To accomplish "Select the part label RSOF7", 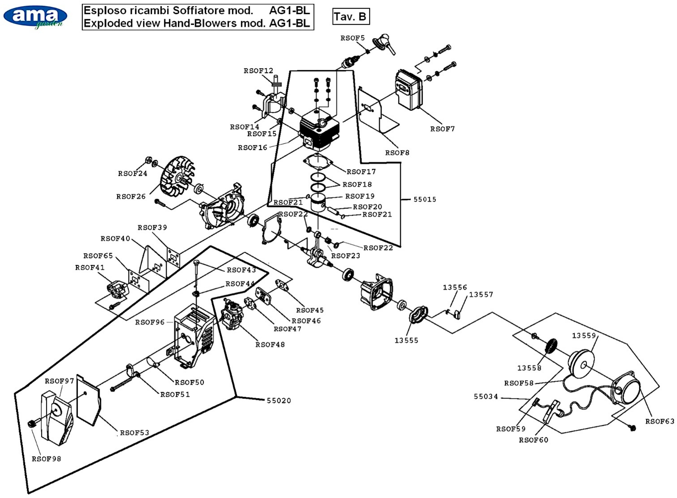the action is click(442, 129).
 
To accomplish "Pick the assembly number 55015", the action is click(425, 200).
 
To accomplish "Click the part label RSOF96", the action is click(150, 322).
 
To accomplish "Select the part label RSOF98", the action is click(46, 459).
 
